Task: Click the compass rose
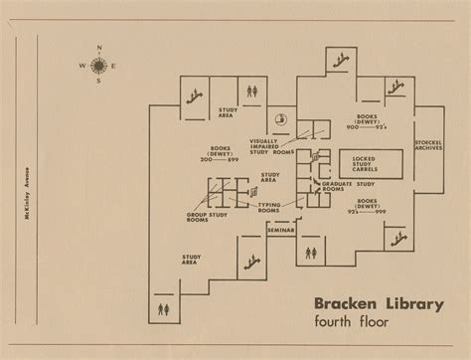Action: point(98,66)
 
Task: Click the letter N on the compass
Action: point(98,49)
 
